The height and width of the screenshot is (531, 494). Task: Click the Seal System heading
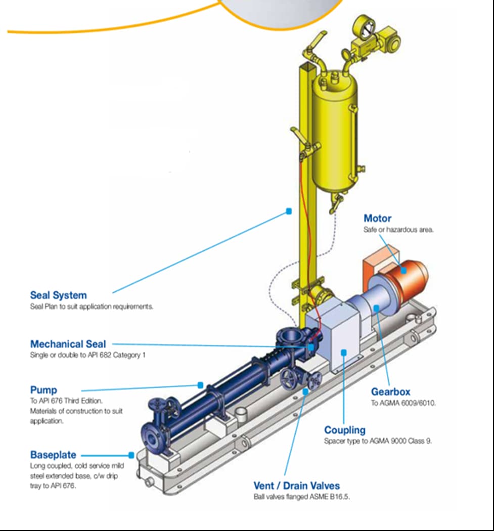click(58, 295)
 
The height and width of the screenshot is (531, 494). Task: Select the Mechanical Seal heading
click(68, 344)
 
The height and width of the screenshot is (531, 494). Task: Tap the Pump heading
click(43, 390)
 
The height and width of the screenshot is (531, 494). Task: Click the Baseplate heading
click(53, 455)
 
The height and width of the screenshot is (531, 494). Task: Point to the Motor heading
click(377, 218)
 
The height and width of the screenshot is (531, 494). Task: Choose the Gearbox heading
click(390, 391)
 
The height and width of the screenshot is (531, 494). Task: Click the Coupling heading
click(344, 430)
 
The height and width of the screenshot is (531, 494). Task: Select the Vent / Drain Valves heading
click(296, 486)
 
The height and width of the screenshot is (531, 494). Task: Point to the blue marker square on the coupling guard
click(343, 352)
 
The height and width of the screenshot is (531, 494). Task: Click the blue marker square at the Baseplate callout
click(131, 455)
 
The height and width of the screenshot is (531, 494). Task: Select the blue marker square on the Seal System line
click(289, 211)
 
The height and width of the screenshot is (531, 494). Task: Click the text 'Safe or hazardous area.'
click(398, 230)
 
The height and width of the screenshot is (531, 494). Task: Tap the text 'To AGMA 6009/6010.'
click(403, 403)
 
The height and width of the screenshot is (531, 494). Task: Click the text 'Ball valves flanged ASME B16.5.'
click(301, 497)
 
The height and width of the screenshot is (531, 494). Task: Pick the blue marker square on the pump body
click(201, 385)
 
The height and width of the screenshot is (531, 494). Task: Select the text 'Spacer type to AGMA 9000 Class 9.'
click(378, 441)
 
